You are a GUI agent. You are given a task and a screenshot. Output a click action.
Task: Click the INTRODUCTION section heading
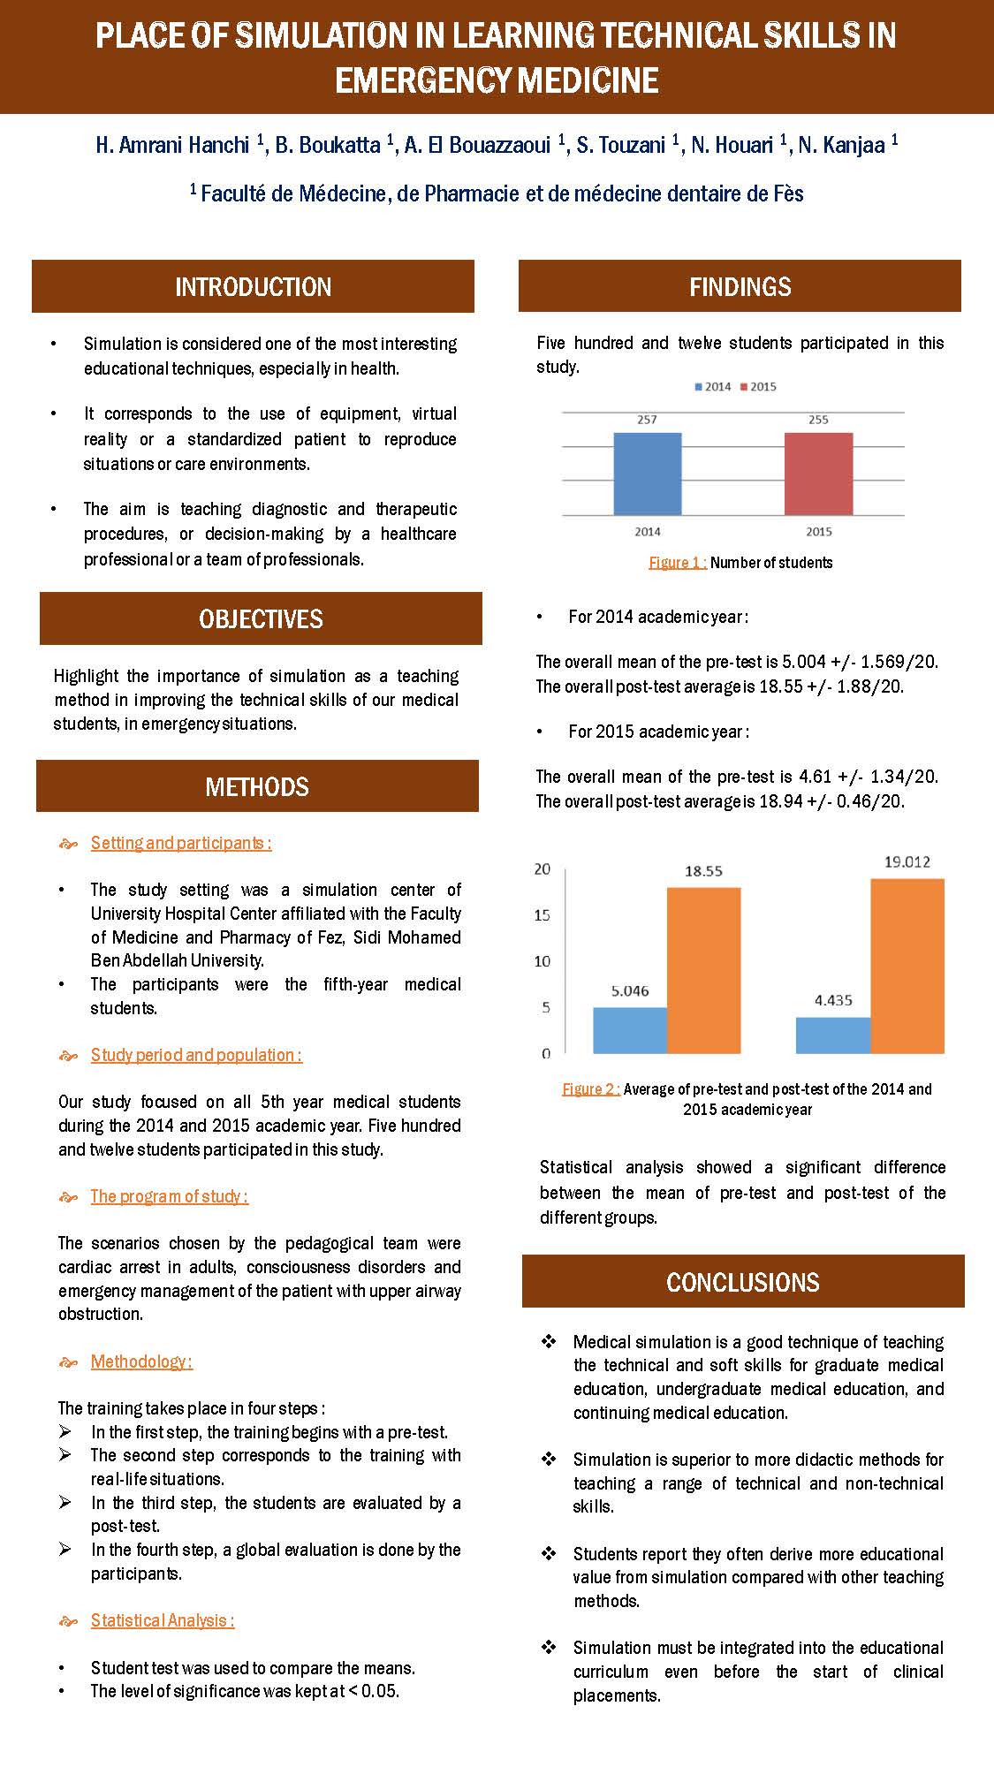pos(253,286)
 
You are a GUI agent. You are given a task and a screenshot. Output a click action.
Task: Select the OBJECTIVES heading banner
pos(261,618)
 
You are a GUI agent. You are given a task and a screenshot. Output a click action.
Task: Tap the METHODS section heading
pos(257,786)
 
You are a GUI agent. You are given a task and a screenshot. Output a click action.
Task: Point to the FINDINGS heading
pos(740,286)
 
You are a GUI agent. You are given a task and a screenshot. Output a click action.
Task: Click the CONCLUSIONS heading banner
pos(742,1282)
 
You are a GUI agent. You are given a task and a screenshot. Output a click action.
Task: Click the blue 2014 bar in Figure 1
pos(647,474)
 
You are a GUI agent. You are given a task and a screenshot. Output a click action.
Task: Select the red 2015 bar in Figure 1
pos(818,474)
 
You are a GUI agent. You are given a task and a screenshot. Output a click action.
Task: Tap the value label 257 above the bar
pos(647,420)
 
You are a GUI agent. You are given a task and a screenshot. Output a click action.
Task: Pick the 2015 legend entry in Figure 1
pos(758,387)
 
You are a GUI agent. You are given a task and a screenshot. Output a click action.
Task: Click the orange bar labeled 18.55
pos(703,970)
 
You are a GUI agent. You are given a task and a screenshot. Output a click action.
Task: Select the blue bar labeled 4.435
pos(832,1035)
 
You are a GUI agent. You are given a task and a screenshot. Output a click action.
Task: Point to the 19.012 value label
pos(907,861)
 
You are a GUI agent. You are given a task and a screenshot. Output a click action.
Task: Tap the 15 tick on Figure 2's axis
pos(542,915)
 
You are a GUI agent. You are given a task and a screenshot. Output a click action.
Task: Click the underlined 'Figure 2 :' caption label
pos(591,1089)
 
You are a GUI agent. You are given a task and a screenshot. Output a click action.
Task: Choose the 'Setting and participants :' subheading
pos(180,843)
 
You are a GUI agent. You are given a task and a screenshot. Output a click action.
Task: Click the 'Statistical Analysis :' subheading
pos(162,1620)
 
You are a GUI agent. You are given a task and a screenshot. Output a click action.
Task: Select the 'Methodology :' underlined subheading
pos(141,1361)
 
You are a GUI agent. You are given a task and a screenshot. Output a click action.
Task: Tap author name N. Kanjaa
pos(842,145)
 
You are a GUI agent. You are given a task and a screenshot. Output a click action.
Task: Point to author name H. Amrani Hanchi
pos(172,145)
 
